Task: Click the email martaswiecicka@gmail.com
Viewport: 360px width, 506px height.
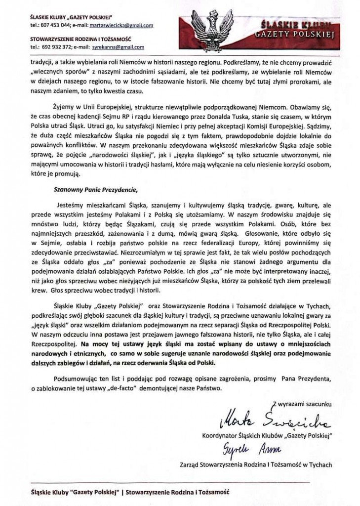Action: [119, 25]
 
